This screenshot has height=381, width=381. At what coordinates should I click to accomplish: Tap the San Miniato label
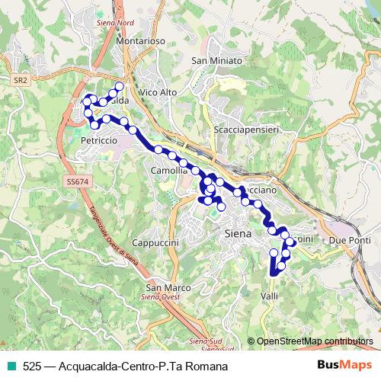click(216, 61)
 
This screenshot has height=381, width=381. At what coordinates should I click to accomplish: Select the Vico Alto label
click(158, 91)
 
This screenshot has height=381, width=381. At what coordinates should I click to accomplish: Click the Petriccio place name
click(98, 141)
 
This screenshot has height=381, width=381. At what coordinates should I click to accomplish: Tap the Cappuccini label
click(155, 242)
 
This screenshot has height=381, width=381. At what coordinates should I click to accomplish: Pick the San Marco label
click(168, 288)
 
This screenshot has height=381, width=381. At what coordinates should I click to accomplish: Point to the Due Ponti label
click(350, 241)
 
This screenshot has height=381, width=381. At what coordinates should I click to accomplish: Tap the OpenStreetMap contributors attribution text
click(314, 341)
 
